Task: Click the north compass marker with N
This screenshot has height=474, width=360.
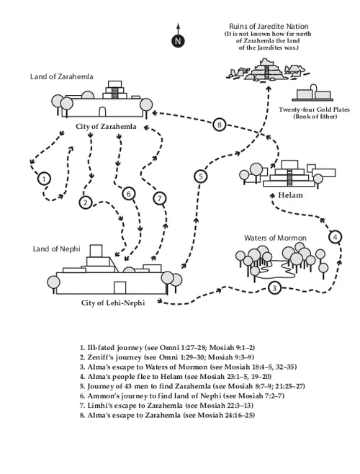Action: [178, 41]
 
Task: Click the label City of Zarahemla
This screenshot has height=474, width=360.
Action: [106, 126]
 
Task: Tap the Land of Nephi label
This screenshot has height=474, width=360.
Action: [57, 249]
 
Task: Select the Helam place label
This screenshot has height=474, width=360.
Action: [290, 195]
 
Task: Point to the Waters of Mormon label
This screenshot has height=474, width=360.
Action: [275, 238]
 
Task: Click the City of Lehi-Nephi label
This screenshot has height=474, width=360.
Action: [113, 303]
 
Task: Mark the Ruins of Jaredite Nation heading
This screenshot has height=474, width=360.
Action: [269, 27]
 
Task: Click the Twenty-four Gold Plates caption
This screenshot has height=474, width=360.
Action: [314, 109]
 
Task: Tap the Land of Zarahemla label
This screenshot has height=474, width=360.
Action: [62, 76]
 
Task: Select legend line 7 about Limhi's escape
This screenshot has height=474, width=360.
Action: [166, 406]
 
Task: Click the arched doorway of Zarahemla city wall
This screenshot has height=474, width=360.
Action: [102, 112]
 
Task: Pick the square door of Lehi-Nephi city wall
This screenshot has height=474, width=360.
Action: [120, 287]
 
